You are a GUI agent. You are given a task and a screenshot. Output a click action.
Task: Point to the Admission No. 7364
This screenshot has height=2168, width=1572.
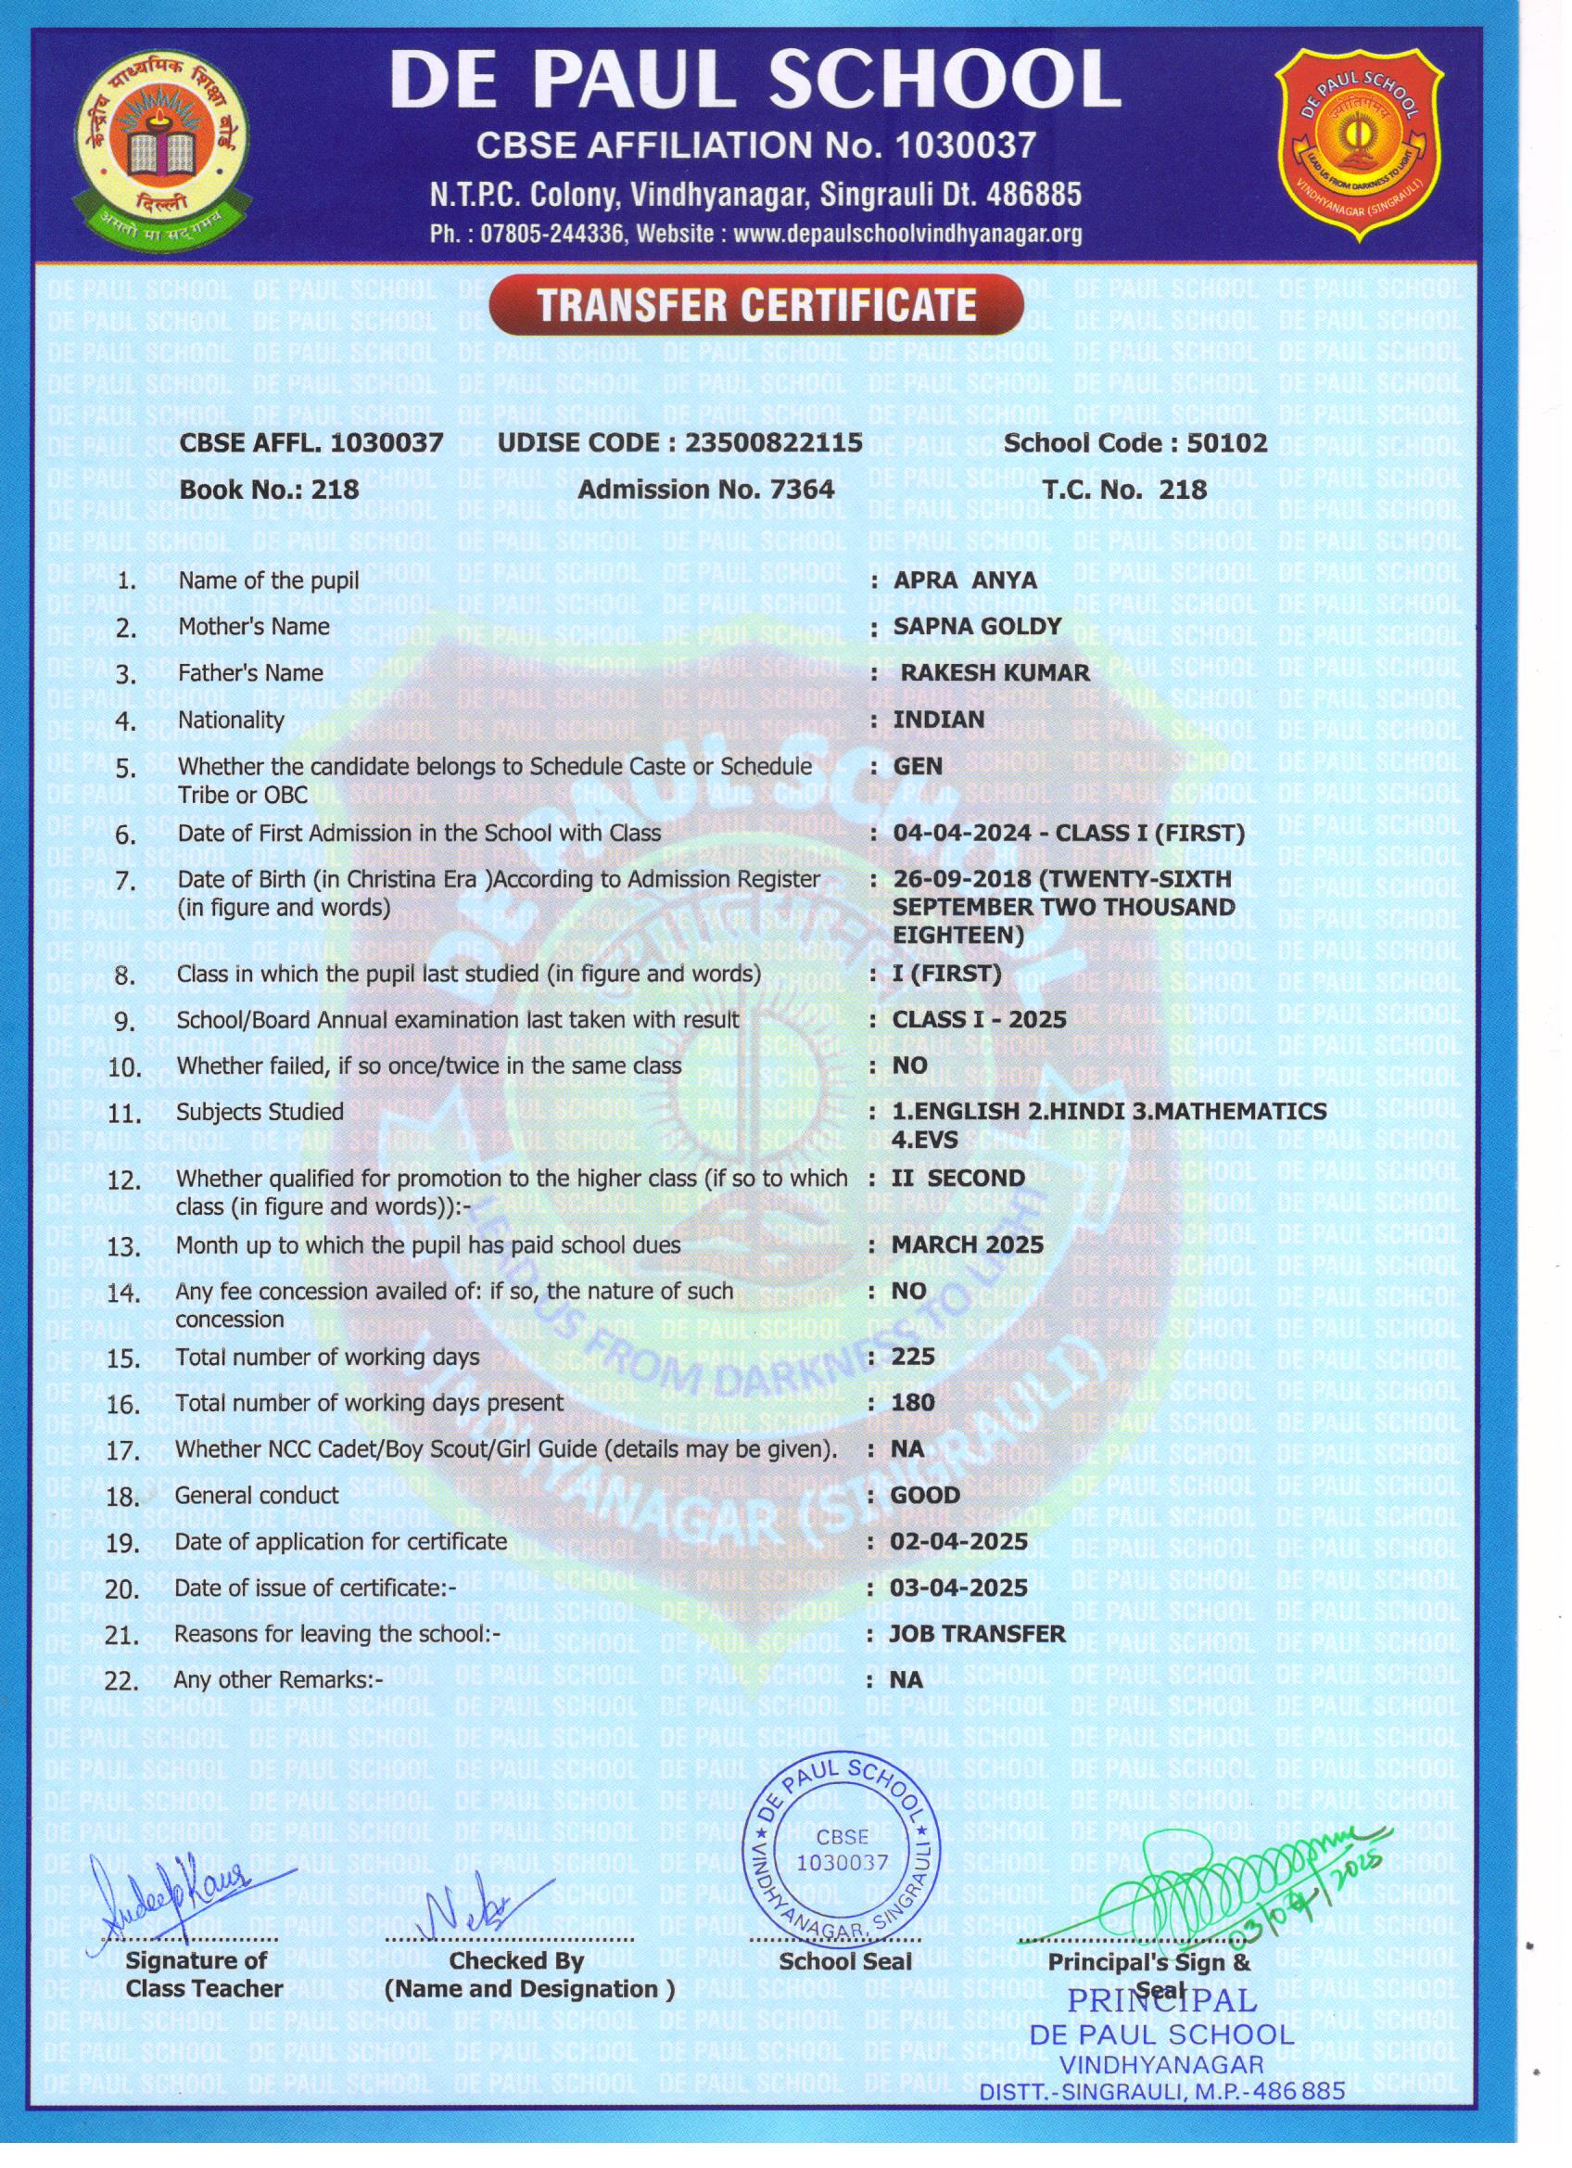click(706, 490)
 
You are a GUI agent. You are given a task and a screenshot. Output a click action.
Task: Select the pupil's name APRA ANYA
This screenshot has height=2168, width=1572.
click(964, 580)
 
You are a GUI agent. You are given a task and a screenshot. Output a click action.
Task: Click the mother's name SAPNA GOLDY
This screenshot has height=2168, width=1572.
click(977, 626)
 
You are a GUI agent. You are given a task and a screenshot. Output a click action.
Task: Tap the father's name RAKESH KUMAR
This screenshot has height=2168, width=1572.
click(994, 673)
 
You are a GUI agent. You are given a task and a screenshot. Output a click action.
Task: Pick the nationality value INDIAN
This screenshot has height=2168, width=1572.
click(937, 719)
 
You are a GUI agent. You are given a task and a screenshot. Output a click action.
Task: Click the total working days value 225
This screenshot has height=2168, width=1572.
click(912, 1357)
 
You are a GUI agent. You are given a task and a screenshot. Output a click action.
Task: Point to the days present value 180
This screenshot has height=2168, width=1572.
click(912, 1402)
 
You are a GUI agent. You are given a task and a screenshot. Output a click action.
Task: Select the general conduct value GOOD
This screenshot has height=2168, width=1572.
click(924, 1495)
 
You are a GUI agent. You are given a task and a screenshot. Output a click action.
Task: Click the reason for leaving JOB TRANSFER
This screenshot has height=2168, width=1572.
click(976, 1634)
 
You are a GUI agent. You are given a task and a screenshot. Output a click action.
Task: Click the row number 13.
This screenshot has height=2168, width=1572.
click(124, 1247)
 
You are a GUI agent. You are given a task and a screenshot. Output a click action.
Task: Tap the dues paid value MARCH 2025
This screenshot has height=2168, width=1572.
click(966, 1244)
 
